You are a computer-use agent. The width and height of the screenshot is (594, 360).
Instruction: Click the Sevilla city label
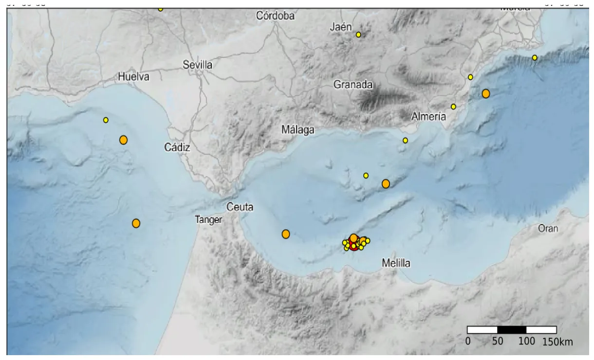pyautogui.click(x=197, y=65)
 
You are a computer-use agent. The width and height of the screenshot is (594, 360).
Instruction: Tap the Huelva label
pyautogui.click(x=133, y=77)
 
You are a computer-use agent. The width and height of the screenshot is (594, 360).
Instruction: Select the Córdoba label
pyautogui.click(x=276, y=16)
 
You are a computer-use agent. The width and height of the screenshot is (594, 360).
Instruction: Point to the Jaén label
pyautogui.click(x=340, y=28)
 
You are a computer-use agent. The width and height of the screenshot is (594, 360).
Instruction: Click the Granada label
pyautogui.click(x=353, y=85)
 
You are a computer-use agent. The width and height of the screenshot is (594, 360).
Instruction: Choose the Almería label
pyautogui.click(x=428, y=117)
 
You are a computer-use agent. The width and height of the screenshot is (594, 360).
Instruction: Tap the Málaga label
pyautogui.click(x=298, y=130)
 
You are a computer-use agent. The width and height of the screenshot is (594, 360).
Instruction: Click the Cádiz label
pyautogui.click(x=177, y=148)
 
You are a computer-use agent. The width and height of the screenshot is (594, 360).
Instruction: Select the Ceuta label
pyautogui.click(x=240, y=207)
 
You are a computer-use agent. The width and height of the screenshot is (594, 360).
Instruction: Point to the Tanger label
pyautogui.click(x=209, y=220)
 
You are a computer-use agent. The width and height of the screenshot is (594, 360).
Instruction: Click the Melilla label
pyautogui.click(x=396, y=264)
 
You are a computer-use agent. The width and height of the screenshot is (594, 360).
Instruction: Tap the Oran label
pyautogui.click(x=548, y=229)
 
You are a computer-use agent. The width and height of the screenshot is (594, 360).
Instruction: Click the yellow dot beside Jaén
pyautogui.click(x=358, y=35)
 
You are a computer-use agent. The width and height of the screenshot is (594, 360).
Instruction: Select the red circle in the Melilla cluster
pyautogui.click(x=354, y=246)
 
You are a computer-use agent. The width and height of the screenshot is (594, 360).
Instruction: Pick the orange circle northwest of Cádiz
pyautogui.click(x=123, y=140)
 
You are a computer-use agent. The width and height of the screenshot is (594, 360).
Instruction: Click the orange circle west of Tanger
pyautogui.click(x=136, y=223)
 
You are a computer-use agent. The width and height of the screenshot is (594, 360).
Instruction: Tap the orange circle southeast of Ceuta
pyautogui.click(x=286, y=234)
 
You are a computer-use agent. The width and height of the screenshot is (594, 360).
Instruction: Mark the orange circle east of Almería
pyautogui.click(x=485, y=93)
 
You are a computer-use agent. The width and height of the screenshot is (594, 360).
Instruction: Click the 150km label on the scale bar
pyautogui.click(x=557, y=342)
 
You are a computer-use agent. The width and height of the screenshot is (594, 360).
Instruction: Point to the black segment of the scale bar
pyautogui.click(x=511, y=330)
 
